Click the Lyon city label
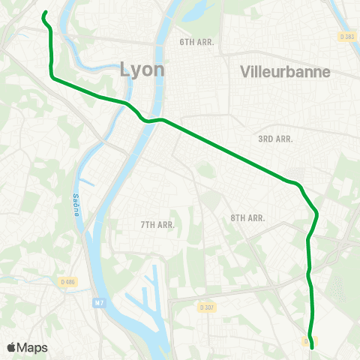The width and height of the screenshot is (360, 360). [142, 70]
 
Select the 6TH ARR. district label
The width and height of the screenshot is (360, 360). [196, 42]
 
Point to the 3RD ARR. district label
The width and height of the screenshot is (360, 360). [275, 139]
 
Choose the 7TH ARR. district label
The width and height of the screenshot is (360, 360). [157, 224]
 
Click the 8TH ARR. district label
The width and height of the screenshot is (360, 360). [248, 217]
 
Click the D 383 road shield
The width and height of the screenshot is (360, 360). [346, 36]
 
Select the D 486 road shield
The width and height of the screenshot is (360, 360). [68, 281]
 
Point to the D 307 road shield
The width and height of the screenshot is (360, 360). [207, 306]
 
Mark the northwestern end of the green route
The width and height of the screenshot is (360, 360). [44, 13]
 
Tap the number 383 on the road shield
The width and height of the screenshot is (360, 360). [348, 36]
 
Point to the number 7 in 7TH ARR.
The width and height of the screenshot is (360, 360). [143, 224]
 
